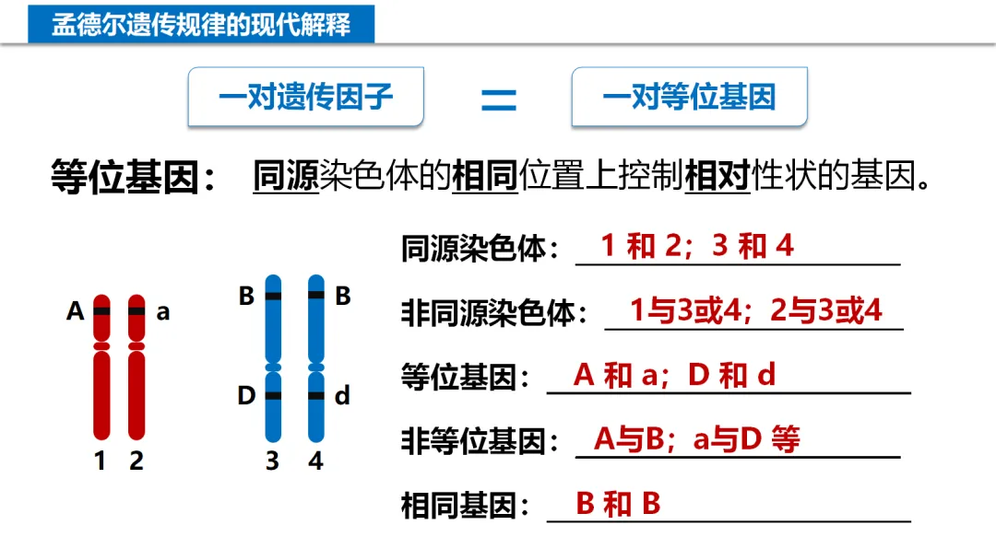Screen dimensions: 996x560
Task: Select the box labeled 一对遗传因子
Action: [305, 97]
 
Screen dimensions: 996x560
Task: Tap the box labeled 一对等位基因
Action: [689, 97]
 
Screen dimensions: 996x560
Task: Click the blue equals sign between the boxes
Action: [498, 99]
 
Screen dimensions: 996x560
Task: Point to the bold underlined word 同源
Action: [285, 176]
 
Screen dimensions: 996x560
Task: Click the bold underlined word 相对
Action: [717, 176]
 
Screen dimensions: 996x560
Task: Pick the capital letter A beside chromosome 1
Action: [76, 311]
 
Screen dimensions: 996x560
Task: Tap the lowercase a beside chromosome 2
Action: [163, 312]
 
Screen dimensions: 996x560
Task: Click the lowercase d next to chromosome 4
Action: [342, 396]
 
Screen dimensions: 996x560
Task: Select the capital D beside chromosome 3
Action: [246, 396]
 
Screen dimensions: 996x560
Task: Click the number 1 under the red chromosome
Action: [101, 461]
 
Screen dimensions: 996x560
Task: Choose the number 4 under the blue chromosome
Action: [316, 461]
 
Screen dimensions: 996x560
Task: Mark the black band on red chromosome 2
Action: [136, 311]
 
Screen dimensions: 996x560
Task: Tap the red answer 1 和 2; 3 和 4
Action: [697, 246]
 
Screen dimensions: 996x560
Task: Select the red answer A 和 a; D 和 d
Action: [674, 375]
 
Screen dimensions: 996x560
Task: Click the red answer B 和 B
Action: [618, 504]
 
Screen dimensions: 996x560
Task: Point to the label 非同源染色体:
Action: [494, 313]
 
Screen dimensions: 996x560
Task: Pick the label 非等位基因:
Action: [480, 442]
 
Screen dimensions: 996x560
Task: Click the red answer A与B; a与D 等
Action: [696, 439]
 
